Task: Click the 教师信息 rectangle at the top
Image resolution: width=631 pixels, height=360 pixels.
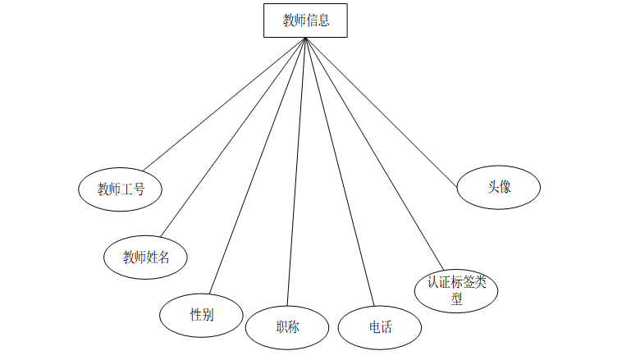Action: pyautogui.click(x=305, y=21)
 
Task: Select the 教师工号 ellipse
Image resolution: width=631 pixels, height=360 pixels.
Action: pyautogui.click(x=120, y=189)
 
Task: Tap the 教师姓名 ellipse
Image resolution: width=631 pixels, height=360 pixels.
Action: pyautogui.click(x=146, y=257)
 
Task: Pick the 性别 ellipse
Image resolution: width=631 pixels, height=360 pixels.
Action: pyautogui.click(x=202, y=314)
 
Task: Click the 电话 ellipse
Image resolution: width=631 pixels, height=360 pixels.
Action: pyautogui.click(x=380, y=327)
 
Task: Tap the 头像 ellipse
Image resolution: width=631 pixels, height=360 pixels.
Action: pyautogui.click(x=498, y=186)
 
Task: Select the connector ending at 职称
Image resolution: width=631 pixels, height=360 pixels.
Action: pyautogui.click(x=296, y=172)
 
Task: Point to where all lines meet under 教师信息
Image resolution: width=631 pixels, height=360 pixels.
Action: pyautogui.click(x=305, y=39)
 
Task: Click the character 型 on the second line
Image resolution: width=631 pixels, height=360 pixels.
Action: pyautogui.click(x=456, y=299)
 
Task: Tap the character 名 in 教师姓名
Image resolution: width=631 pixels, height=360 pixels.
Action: pyautogui.click(x=164, y=257)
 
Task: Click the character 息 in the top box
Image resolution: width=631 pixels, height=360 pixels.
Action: pyautogui.click(x=323, y=21)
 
